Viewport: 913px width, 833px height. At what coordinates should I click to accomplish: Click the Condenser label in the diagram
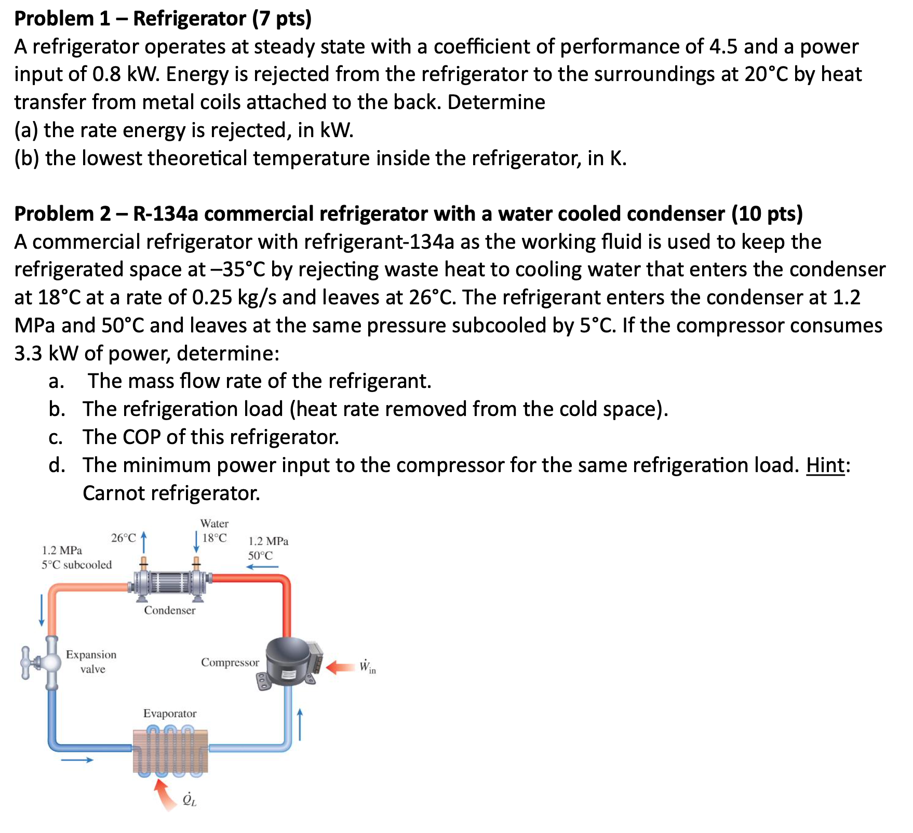coord(170,610)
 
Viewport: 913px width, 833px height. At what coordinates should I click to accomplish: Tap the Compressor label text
coord(230,662)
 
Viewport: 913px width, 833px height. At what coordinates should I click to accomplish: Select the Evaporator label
coord(170,714)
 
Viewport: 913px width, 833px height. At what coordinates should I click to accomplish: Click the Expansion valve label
coord(91,662)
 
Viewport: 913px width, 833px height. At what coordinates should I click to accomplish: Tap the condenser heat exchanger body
coord(170,582)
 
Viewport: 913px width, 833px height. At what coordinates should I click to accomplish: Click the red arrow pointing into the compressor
coord(340,667)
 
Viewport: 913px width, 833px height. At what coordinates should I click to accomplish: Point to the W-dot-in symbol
coord(367,667)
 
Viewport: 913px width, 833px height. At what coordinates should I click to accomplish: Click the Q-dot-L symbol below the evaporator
coord(190,800)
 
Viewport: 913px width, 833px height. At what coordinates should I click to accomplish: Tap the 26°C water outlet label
coord(123,538)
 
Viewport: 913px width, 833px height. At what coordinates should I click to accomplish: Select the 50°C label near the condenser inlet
coord(260,556)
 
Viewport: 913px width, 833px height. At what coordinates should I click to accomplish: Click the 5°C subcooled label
coord(77,565)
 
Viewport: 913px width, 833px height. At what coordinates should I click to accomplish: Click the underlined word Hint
coord(825,465)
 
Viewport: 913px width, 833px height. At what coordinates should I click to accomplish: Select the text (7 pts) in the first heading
coord(282,19)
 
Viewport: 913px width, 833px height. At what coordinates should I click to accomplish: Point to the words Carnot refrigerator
coord(171,493)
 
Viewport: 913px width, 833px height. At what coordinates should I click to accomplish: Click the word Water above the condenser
coord(214,523)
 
